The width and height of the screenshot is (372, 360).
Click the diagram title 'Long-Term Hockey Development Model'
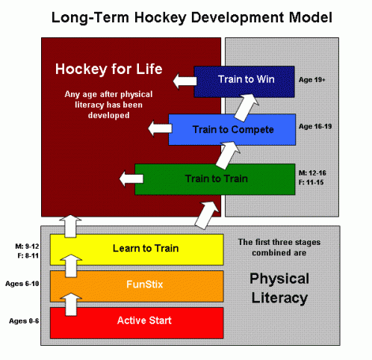click(x=192, y=18)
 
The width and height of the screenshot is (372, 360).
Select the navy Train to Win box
click(x=244, y=81)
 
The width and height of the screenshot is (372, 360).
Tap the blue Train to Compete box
click(x=232, y=129)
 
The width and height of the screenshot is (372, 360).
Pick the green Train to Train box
click(x=215, y=179)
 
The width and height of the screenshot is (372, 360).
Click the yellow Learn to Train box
click(x=137, y=249)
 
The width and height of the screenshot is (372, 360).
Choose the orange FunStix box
click(x=137, y=286)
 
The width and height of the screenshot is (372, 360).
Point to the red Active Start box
click(x=137, y=323)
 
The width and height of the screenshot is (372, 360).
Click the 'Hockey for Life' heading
click(x=109, y=69)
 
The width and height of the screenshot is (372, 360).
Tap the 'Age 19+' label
click(x=312, y=80)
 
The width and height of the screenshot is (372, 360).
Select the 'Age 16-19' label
click(x=315, y=126)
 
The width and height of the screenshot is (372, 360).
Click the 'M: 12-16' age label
click(x=312, y=173)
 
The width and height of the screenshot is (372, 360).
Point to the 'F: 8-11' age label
click(x=28, y=255)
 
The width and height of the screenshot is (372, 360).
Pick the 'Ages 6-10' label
click(x=22, y=284)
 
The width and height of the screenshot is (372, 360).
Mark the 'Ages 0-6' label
click(x=24, y=321)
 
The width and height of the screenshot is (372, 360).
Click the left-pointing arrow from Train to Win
click(x=185, y=81)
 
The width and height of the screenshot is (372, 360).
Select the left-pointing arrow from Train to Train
click(x=131, y=179)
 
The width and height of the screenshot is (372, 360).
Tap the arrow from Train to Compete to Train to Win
click(x=246, y=107)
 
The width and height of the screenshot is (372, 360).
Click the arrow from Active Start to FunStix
click(x=71, y=304)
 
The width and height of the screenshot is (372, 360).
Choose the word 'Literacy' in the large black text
click(x=279, y=298)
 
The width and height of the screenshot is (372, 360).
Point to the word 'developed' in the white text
click(x=109, y=115)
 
